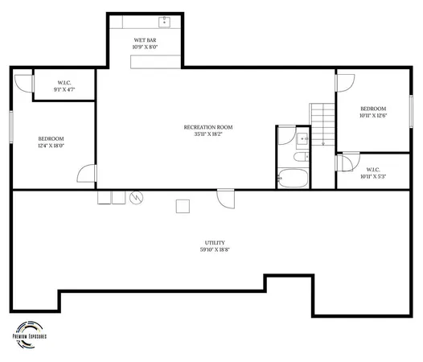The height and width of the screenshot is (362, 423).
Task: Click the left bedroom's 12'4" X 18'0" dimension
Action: coord(51,146)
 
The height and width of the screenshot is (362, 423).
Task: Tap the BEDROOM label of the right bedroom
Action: coord(373,109)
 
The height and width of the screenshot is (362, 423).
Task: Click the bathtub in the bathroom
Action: coord(292,178)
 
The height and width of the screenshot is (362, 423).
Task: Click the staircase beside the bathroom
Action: coord(322,125)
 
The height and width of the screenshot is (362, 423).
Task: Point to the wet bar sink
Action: coord(164,20)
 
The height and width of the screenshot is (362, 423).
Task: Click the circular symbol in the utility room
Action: coord(136,196)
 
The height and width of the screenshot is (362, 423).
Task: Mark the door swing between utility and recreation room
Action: coord(224,197)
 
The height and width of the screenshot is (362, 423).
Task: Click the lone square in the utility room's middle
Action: coord(182,205)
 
